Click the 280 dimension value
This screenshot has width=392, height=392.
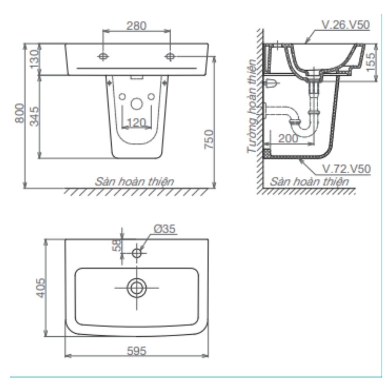(136, 26)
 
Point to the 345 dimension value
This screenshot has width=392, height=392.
(34, 116)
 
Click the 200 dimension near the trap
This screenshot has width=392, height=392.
(288, 138)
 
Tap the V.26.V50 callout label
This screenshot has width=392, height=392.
(345, 25)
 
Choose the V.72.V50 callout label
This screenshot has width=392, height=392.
(346, 169)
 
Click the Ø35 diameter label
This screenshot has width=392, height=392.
(165, 229)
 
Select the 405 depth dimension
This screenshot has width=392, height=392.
(40, 288)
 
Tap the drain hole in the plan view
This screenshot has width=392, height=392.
(136, 288)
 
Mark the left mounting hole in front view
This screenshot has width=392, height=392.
(103, 56)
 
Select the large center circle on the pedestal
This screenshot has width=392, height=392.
(136, 104)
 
